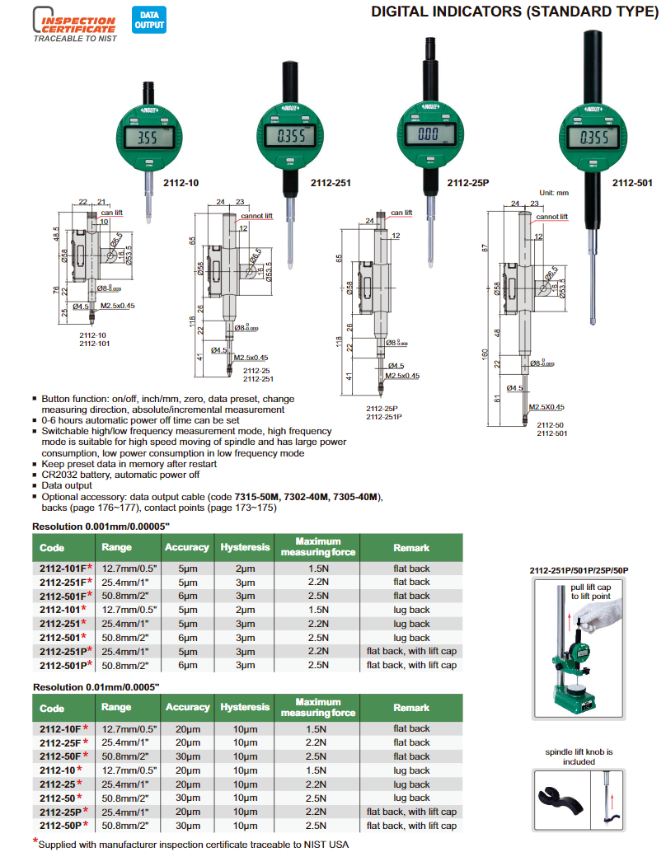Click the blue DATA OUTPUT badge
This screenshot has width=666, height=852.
(x=148, y=21)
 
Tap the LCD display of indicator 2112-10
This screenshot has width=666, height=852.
(x=149, y=138)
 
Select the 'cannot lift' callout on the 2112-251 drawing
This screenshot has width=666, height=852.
(x=256, y=217)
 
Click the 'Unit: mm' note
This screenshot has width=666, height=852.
(x=553, y=193)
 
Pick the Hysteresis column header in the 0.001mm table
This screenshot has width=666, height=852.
(x=245, y=547)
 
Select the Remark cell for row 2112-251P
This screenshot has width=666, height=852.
(x=410, y=651)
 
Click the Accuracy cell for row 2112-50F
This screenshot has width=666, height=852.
(x=188, y=756)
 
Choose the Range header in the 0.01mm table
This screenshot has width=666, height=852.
(x=116, y=708)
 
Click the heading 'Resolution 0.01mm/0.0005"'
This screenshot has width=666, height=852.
(x=96, y=686)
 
